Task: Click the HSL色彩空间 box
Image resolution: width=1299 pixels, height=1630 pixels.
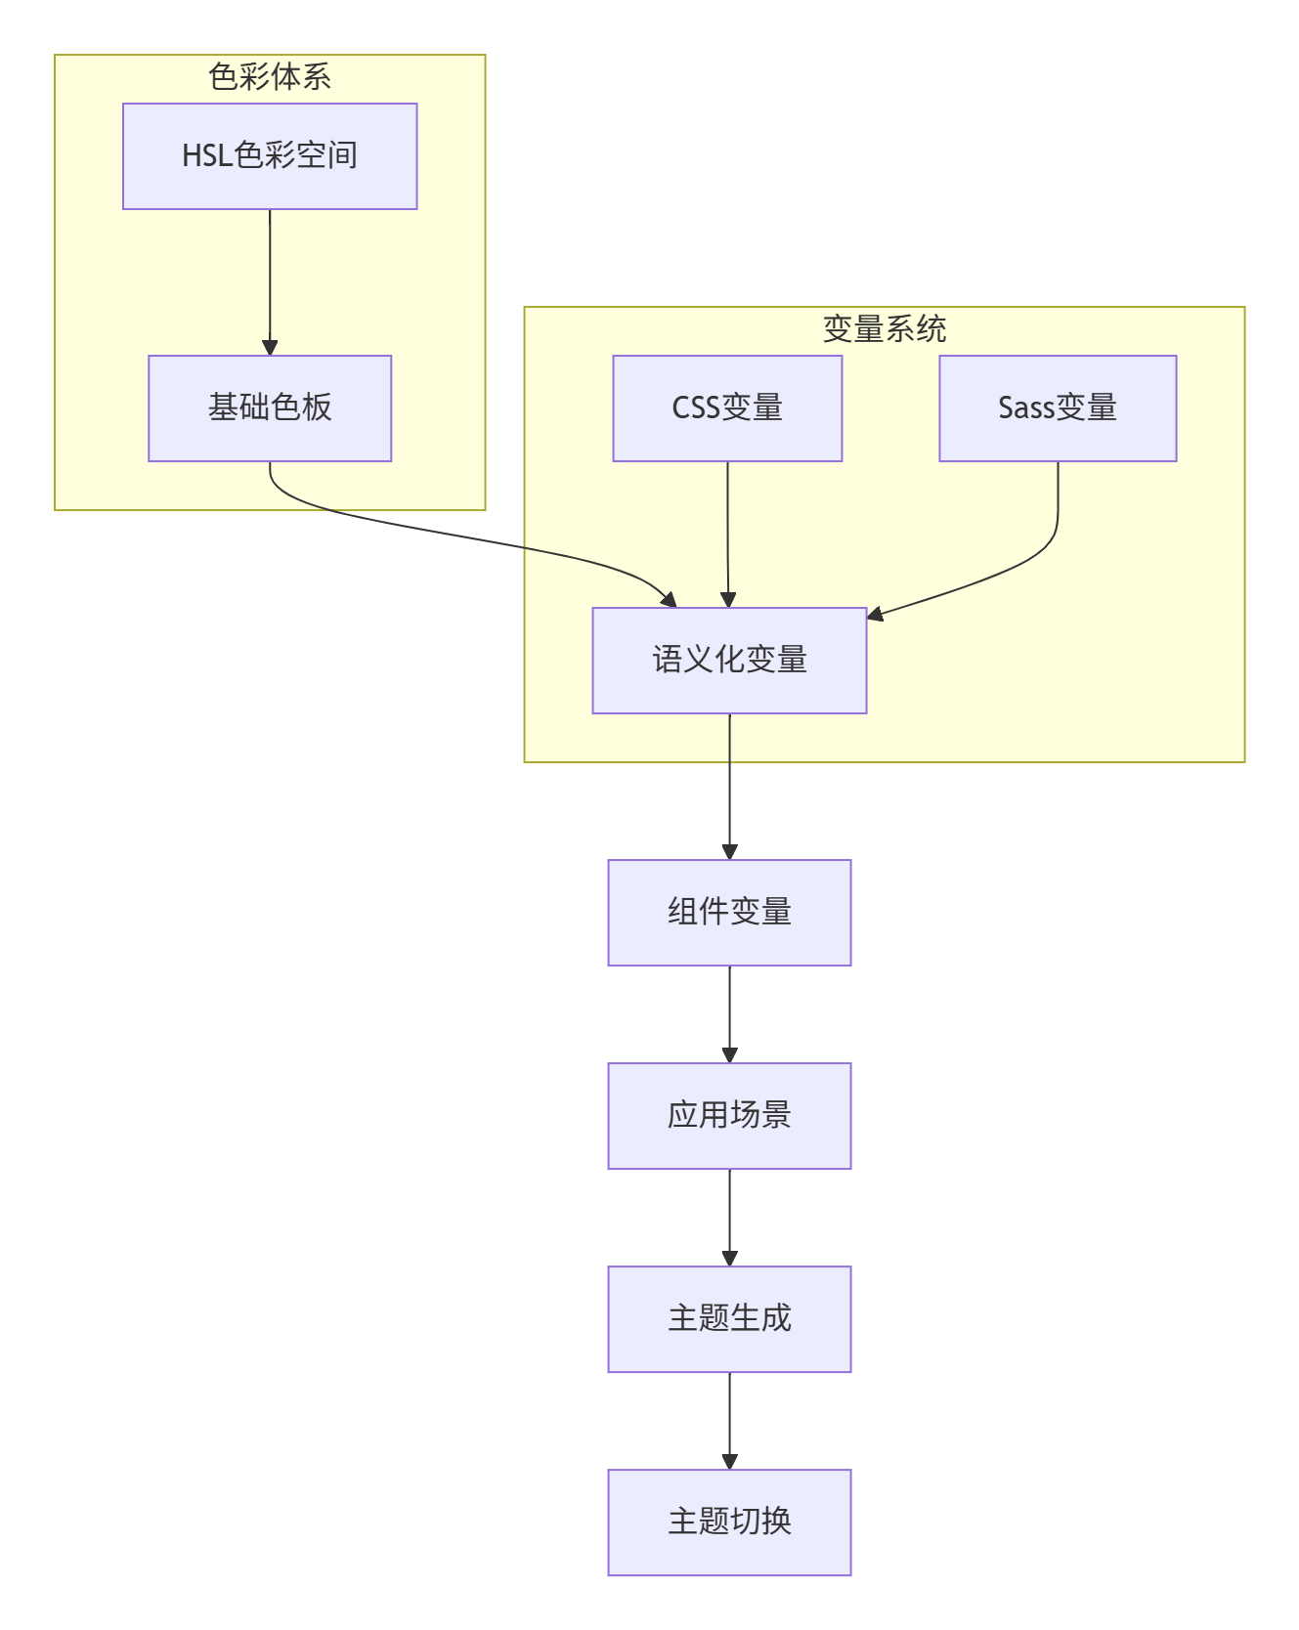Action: (x=270, y=156)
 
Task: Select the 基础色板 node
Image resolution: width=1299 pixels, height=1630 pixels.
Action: (x=270, y=408)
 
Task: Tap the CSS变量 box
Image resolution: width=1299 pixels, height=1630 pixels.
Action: (x=727, y=408)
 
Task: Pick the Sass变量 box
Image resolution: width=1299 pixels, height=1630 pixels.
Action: (x=1058, y=408)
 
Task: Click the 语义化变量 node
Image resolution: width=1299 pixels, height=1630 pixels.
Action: (x=729, y=661)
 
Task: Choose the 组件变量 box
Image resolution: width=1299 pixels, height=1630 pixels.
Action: (x=729, y=913)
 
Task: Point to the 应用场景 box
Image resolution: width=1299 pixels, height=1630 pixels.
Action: (x=729, y=1116)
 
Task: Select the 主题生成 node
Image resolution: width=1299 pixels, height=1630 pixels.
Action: (x=729, y=1319)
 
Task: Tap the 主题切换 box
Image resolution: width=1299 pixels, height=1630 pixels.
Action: (x=729, y=1523)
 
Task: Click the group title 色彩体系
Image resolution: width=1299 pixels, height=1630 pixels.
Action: (x=270, y=77)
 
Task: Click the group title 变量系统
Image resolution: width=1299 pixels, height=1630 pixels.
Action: (x=884, y=329)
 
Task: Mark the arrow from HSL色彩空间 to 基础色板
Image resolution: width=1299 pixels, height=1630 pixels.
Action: (x=270, y=283)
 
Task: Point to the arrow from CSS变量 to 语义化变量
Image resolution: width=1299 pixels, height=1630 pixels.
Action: (x=727, y=533)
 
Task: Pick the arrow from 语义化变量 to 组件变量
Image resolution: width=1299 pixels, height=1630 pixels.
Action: (x=729, y=787)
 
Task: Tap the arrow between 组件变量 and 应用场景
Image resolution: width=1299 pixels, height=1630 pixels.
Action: (x=729, y=1014)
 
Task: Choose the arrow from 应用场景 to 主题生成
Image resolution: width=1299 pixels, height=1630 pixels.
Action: (x=729, y=1218)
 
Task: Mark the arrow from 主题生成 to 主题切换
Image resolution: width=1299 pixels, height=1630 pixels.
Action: (x=729, y=1421)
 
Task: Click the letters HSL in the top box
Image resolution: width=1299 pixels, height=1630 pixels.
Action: (x=206, y=156)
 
